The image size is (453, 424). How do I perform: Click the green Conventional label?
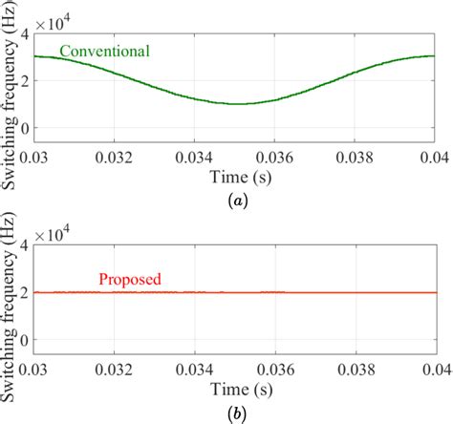pos(104,50)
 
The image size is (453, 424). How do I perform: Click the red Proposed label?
pos(130,280)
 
